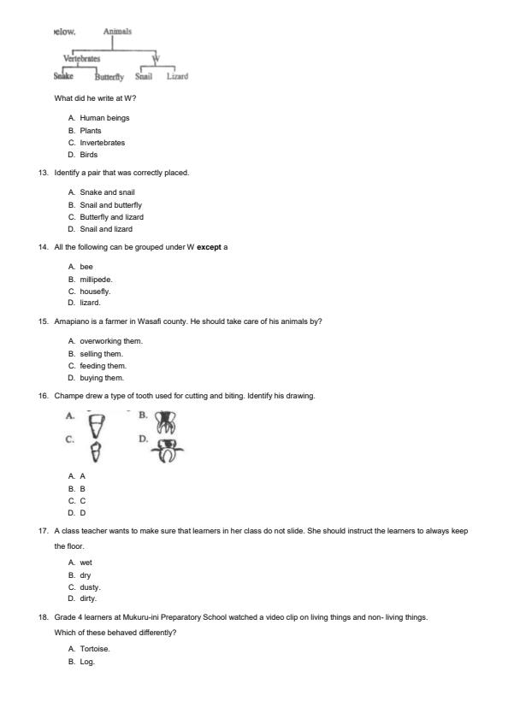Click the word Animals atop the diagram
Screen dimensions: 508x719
coord(117,32)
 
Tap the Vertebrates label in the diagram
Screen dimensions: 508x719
coord(82,59)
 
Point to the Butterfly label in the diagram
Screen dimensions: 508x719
coord(109,77)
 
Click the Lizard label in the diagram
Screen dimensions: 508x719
coord(177,77)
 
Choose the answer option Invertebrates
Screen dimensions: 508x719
coord(102,143)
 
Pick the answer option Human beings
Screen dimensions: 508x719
coord(104,118)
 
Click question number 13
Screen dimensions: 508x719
coord(43,173)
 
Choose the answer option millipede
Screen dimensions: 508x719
coord(96,279)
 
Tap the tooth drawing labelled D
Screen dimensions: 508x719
coord(168,451)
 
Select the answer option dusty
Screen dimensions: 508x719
coord(91,587)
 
